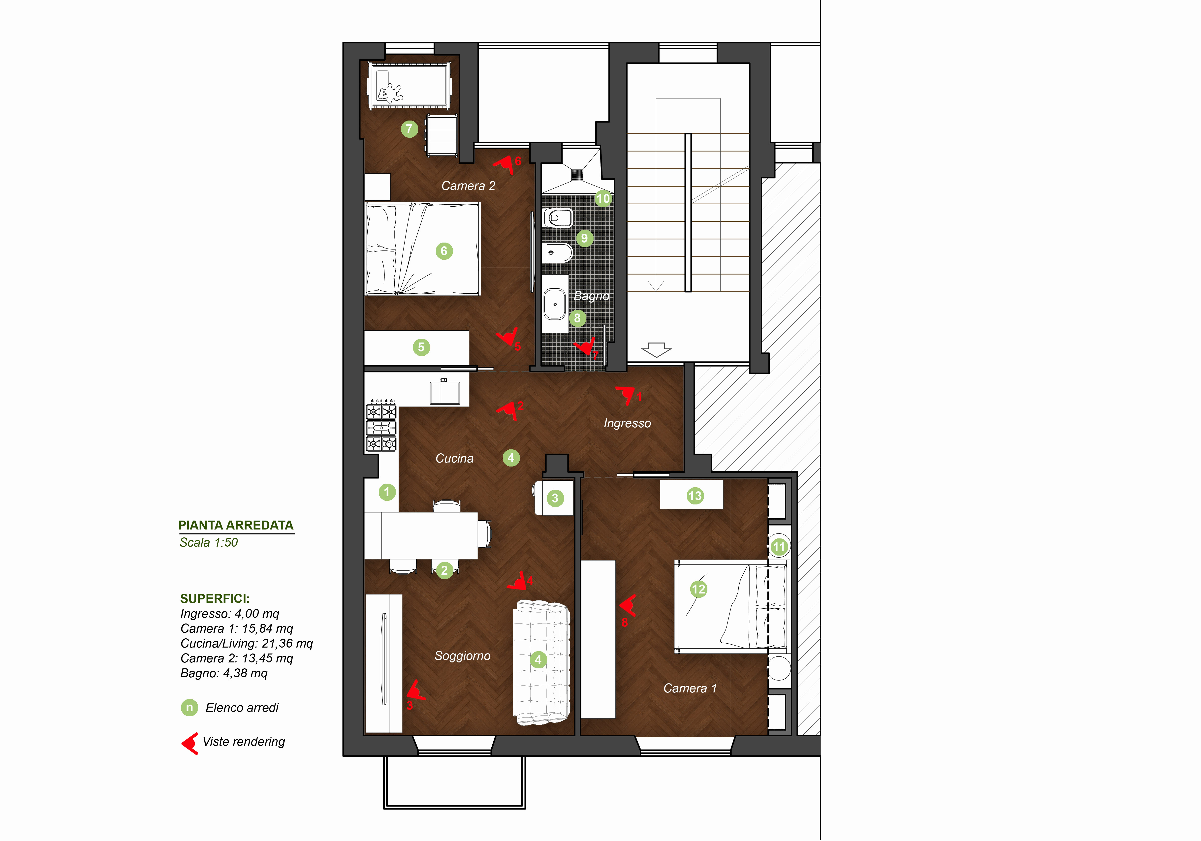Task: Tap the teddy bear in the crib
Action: tap(390, 93)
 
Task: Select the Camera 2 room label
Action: tap(468, 186)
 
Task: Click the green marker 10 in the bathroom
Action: tap(603, 199)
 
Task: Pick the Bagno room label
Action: tap(592, 296)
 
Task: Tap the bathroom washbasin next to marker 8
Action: tap(554, 304)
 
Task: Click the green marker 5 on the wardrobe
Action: tap(421, 347)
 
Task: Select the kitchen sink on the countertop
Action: tap(445, 392)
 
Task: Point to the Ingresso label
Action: tap(627, 423)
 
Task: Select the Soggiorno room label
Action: tap(462, 656)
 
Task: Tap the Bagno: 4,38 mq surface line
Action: tap(224, 673)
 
